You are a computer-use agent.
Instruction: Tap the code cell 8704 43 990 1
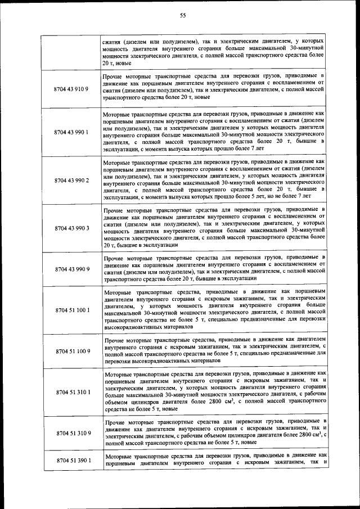(x=71, y=132)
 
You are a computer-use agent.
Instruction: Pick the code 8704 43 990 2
(x=71, y=181)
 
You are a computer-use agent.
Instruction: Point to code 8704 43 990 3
(x=71, y=229)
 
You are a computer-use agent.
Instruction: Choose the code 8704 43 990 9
(x=71, y=269)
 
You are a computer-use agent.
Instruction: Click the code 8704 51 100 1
(x=71, y=310)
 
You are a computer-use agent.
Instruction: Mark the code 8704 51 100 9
(x=71, y=351)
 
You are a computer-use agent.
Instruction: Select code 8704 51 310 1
(x=71, y=392)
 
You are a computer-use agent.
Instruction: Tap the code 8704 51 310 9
(x=71, y=433)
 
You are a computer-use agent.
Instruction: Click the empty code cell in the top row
(x=71, y=53)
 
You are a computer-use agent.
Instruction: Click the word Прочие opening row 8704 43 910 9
(x=115, y=76)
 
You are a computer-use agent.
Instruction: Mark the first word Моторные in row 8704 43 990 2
(x=119, y=163)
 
